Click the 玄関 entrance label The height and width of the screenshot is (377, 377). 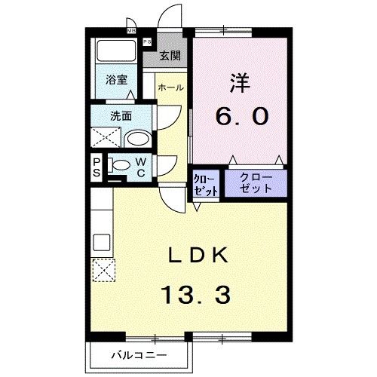(170, 55)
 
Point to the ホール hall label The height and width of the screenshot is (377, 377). (170, 87)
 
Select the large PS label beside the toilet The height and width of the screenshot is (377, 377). (97, 166)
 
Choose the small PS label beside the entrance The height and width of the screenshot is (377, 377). (147, 42)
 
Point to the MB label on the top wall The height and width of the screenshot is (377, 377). (131, 31)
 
